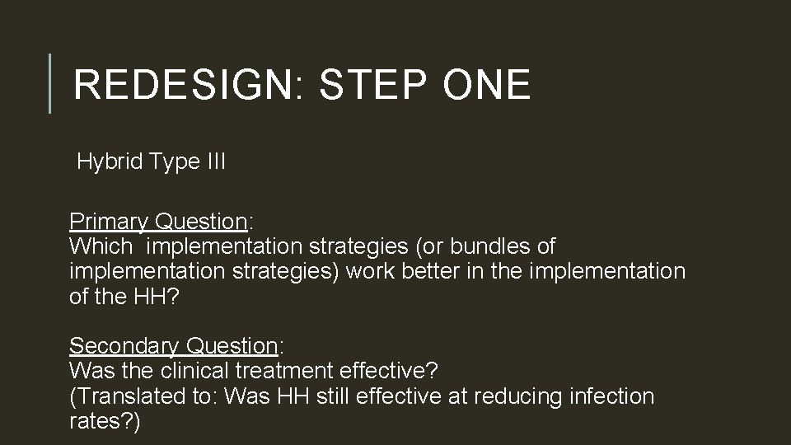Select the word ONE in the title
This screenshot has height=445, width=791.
coord(484,86)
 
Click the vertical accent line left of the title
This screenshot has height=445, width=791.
coord(50,83)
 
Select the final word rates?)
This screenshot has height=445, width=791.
coord(105,421)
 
